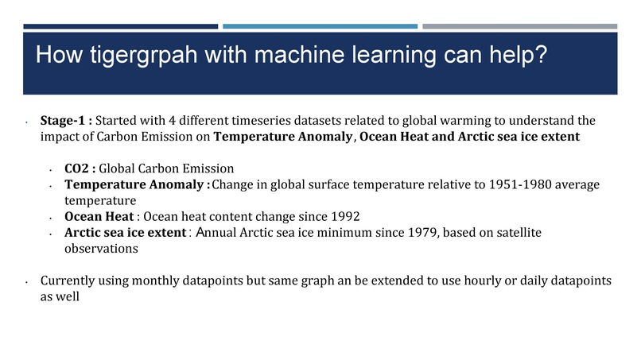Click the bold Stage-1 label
pos(66,121)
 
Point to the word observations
pos(101,248)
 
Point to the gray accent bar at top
pos(520,26)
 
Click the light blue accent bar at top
pos(320,26)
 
